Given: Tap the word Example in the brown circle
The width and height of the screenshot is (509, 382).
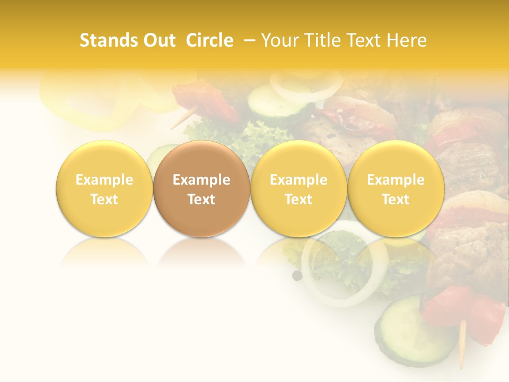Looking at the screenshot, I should point(201,180).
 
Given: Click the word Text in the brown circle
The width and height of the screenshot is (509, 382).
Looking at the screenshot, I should point(201,199).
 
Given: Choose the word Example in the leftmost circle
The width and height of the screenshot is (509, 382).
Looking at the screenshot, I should point(104,180).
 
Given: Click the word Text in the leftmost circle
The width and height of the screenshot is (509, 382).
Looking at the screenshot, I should point(104,199).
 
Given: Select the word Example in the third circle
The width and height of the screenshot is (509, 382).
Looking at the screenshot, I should point(299,180).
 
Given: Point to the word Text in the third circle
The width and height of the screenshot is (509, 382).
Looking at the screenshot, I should point(299,199).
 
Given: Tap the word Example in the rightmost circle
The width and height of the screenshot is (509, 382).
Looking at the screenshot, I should point(396,180).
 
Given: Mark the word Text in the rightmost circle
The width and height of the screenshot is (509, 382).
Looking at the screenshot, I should point(396,199).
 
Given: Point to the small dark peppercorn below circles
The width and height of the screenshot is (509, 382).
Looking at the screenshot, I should point(297,275).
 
